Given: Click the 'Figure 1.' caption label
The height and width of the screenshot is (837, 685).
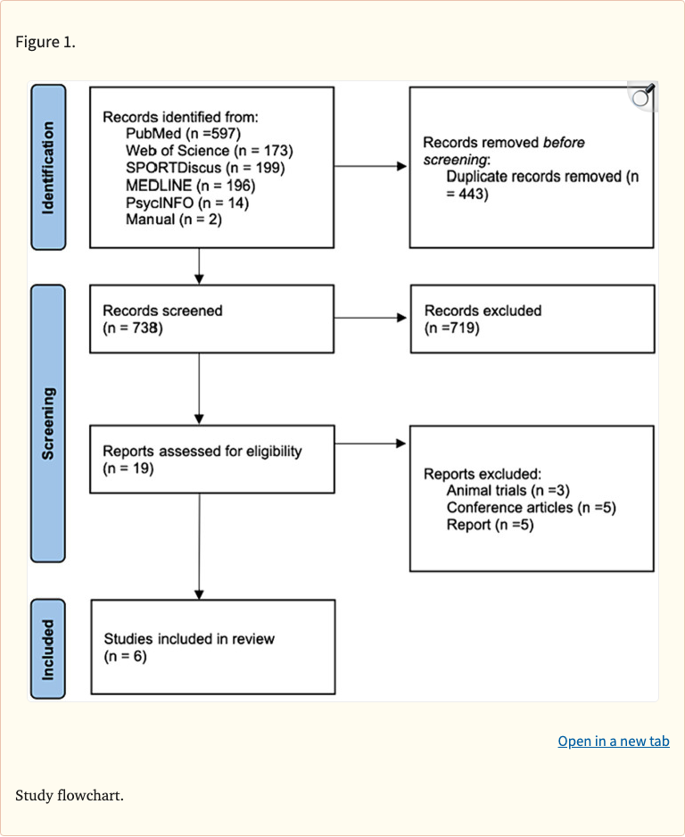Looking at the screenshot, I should (x=45, y=42).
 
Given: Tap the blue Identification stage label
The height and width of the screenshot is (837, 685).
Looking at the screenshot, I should (x=48, y=167).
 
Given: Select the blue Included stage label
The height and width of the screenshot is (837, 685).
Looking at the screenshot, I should (x=48, y=649).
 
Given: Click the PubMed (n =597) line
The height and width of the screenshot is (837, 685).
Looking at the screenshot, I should (x=184, y=133).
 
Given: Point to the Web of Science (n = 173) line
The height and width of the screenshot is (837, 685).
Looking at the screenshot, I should (x=209, y=150).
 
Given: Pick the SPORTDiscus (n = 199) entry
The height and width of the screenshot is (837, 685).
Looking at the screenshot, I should (x=205, y=168).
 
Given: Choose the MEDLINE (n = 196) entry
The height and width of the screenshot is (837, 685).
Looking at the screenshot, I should (x=191, y=186).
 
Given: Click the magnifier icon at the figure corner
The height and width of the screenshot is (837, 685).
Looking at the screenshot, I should (x=642, y=95).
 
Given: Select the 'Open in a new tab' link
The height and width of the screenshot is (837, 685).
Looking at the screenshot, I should (x=613, y=742).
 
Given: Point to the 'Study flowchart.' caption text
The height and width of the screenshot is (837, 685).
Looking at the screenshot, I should (x=69, y=794).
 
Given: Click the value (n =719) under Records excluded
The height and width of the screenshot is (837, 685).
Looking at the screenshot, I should (x=452, y=328).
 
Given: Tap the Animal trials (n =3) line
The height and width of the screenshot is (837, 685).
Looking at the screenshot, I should (x=508, y=491).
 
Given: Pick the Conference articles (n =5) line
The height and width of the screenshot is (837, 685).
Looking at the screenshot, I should (x=532, y=508).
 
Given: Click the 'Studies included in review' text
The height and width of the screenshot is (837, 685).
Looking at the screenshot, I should (x=189, y=639).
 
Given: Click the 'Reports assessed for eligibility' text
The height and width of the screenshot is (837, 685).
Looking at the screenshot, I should (x=202, y=451).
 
